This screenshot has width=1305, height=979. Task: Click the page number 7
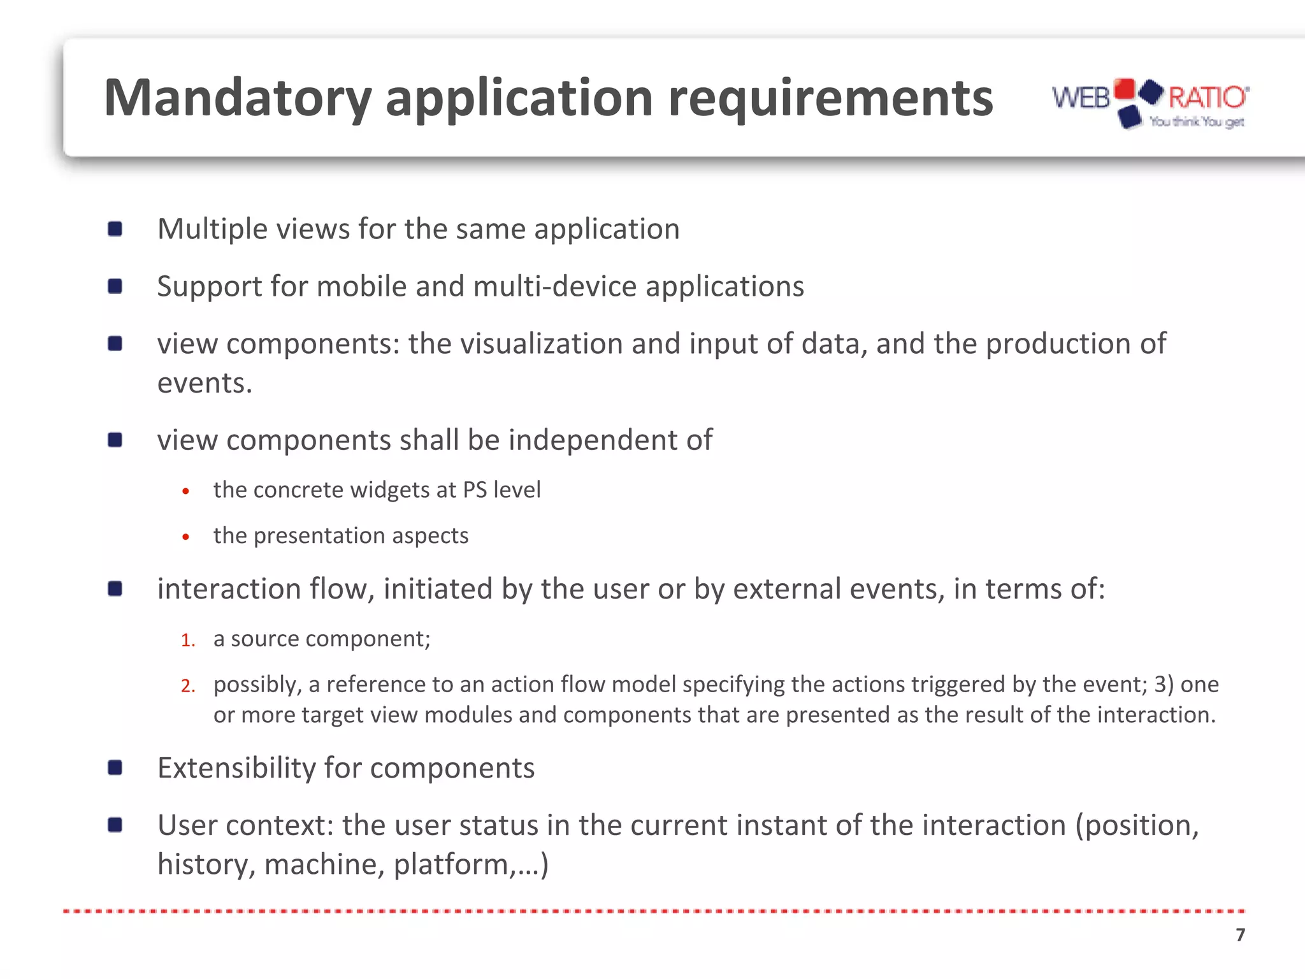coord(1240,934)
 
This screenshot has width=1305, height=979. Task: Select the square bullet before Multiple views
coord(115,229)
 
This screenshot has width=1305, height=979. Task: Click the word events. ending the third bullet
coord(205,383)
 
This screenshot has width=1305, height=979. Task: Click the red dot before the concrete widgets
coord(185,491)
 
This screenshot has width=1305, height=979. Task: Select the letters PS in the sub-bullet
coord(475,489)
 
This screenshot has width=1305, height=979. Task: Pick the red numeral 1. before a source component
coord(187,640)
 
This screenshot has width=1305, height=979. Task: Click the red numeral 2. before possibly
coord(187,686)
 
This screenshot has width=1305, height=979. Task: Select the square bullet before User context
coord(115,825)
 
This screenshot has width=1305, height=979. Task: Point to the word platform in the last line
coord(450,865)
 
